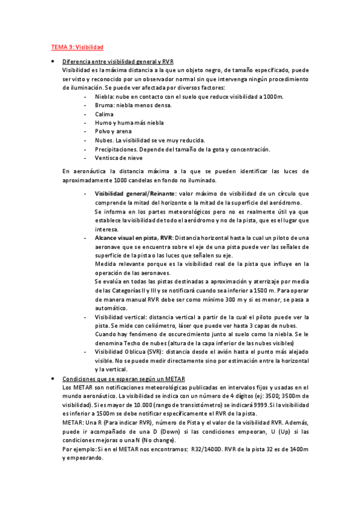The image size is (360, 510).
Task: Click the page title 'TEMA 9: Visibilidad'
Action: coord(77,46)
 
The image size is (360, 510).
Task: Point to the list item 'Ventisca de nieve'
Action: coord(118,158)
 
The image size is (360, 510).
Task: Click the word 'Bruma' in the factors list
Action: coord(103,105)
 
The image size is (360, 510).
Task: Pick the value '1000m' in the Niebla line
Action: coord(273,96)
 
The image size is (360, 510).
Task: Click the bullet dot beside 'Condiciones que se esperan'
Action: coord(54,378)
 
